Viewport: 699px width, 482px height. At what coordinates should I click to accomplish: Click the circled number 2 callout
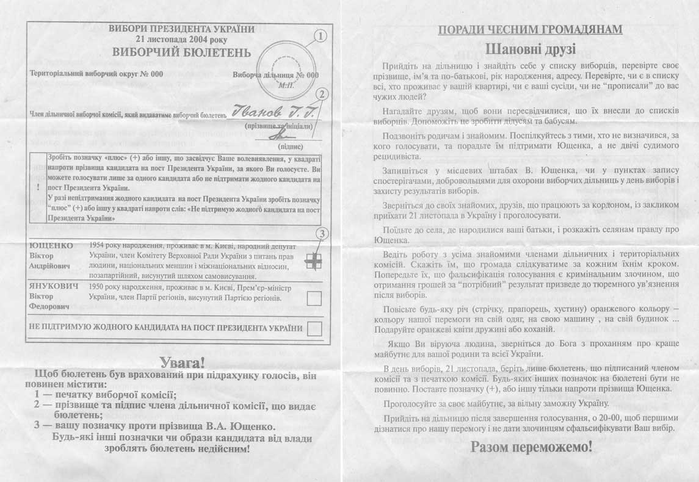tap(324, 94)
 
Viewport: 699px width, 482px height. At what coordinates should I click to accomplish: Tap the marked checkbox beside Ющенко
tap(314, 261)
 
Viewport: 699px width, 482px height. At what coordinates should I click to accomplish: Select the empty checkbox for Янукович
tap(314, 298)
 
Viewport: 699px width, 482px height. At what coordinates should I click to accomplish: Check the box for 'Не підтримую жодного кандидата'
tap(314, 328)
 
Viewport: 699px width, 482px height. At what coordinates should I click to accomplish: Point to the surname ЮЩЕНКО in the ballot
tap(51, 245)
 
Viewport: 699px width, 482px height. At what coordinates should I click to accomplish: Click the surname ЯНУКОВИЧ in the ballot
tap(54, 286)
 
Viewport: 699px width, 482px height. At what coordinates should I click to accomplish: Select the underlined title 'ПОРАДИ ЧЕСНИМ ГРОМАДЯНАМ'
tap(530, 29)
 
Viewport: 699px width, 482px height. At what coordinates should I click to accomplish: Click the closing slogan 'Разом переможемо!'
tap(531, 447)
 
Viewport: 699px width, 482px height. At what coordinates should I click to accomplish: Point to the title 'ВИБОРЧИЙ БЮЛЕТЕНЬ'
tap(181, 52)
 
